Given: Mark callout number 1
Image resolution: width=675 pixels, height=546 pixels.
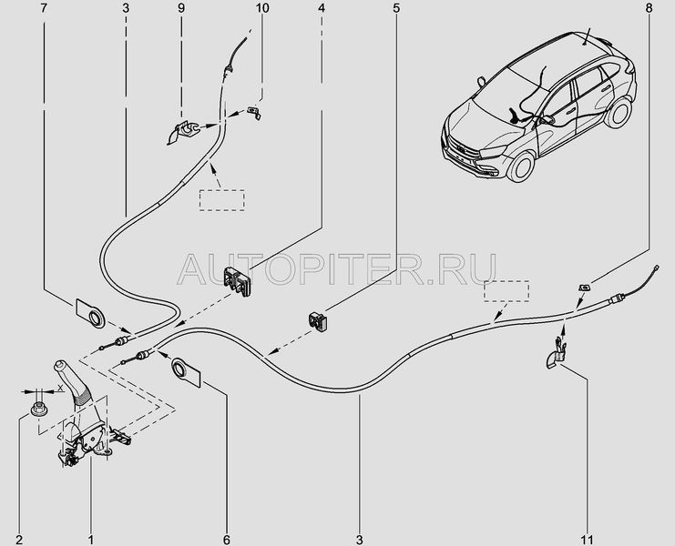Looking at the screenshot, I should tap(89, 528).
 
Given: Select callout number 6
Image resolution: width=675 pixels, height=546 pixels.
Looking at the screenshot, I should tap(226, 528).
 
